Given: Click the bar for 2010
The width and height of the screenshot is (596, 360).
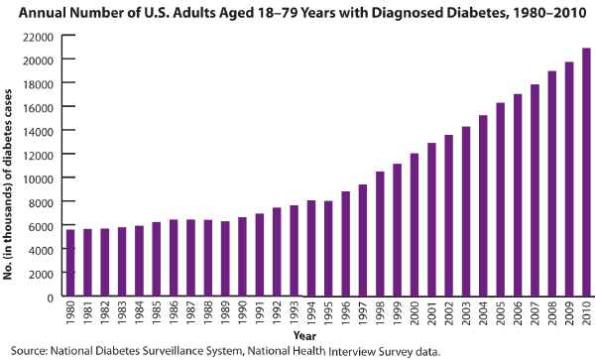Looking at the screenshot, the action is [586, 172].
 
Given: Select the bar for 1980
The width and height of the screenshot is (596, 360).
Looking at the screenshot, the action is [70, 263].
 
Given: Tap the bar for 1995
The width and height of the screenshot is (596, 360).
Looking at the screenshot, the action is [328, 249].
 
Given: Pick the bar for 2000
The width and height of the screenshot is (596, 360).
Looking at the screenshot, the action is [415, 225].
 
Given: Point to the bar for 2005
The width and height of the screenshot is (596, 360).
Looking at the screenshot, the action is [500, 199].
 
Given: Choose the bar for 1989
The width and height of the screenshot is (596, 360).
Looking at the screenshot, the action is [225, 259].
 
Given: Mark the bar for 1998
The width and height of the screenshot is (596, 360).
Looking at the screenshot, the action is [380, 234].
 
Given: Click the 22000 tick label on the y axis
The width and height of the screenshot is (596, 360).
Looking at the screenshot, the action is [38, 38].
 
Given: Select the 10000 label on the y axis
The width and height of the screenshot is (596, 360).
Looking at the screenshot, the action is [38, 179].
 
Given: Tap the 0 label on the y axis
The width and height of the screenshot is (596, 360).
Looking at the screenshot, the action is [51, 299].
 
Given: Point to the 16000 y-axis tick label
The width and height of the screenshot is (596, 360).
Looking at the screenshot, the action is [38, 107].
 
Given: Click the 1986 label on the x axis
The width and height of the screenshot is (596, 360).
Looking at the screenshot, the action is [174, 312].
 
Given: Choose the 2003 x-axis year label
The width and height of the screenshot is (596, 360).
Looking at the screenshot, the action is [466, 312].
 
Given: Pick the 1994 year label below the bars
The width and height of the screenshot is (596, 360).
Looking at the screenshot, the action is [311, 312].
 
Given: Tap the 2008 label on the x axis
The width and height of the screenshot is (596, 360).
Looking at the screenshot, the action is [552, 312].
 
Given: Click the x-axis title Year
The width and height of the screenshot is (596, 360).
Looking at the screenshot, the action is [304, 336].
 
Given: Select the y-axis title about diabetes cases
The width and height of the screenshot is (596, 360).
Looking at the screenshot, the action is [8, 184].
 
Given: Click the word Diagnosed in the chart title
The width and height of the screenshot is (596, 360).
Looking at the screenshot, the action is [409, 13].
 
